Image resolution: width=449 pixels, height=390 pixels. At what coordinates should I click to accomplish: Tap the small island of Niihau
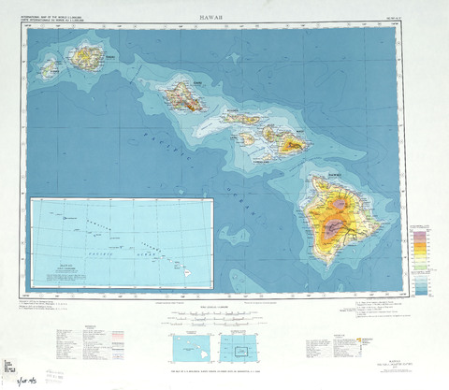tap(50, 68)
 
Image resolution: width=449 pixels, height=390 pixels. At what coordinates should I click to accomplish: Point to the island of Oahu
tap(182, 95)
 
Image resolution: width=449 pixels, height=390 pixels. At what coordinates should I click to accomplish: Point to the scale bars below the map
tap(208, 319)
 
